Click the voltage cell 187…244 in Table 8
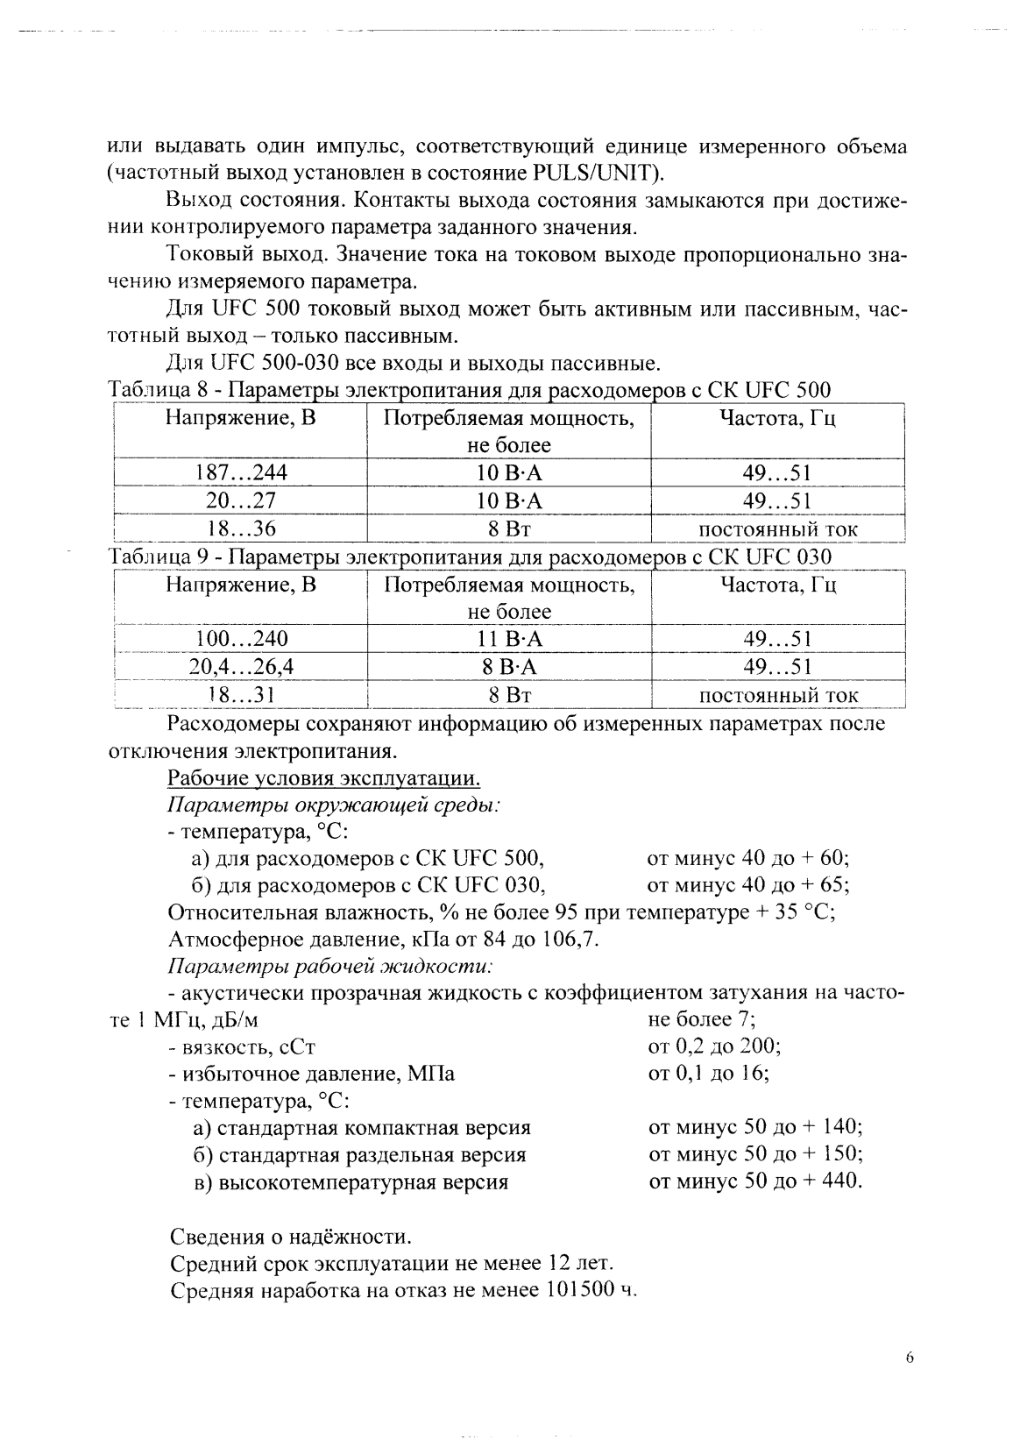[x=240, y=473]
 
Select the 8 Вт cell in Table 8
[x=509, y=529]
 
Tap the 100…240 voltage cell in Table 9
[x=240, y=639]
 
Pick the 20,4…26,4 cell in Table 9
[x=241, y=667]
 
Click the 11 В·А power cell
[x=509, y=639]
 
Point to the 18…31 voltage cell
[x=240, y=695]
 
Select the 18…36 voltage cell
[x=240, y=529]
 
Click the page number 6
[x=909, y=1358]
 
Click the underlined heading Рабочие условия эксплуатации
[x=323, y=778]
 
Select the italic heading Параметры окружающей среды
[x=333, y=805]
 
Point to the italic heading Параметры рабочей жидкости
[x=329, y=967]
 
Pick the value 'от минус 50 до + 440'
[x=755, y=1181]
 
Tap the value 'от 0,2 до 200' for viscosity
[x=714, y=1046]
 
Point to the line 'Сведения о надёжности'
[x=289, y=1237]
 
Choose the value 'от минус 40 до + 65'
[x=747, y=884]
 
